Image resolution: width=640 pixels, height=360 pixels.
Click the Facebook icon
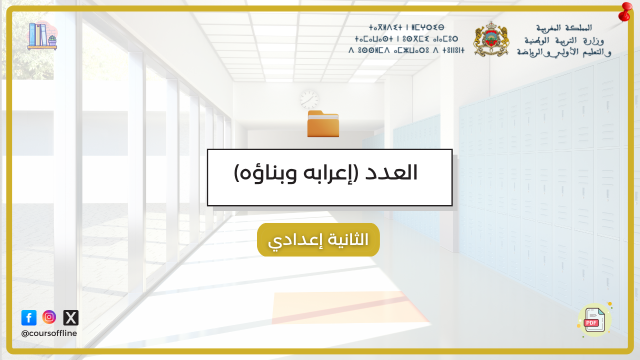click(x=29, y=317)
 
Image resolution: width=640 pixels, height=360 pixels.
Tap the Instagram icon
click(x=49, y=317)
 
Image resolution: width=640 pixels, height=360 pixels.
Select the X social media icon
click(x=71, y=317)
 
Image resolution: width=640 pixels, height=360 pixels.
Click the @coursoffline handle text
click(x=49, y=333)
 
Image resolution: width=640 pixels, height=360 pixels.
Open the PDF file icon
click(x=594, y=320)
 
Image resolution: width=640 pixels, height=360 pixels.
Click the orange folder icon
click(x=323, y=123)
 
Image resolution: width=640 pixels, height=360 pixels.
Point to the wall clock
click(x=309, y=99)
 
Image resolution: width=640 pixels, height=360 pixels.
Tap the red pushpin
click(x=625, y=12)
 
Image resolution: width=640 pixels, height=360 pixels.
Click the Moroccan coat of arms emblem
click(x=491, y=39)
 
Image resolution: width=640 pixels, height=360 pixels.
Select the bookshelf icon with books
click(x=42, y=35)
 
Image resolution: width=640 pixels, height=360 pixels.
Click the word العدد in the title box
click(x=391, y=173)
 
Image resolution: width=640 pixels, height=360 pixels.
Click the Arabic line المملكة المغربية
click(x=563, y=27)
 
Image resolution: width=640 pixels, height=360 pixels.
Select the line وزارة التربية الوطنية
click(x=564, y=40)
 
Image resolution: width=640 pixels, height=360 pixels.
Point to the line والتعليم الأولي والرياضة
click(x=563, y=52)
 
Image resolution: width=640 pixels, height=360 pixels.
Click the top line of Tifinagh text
click(x=406, y=27)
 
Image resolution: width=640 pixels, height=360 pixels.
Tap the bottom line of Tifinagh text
click(x=406, y=50)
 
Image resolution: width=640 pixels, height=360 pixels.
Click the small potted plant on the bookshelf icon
click(x=52, y=40)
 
